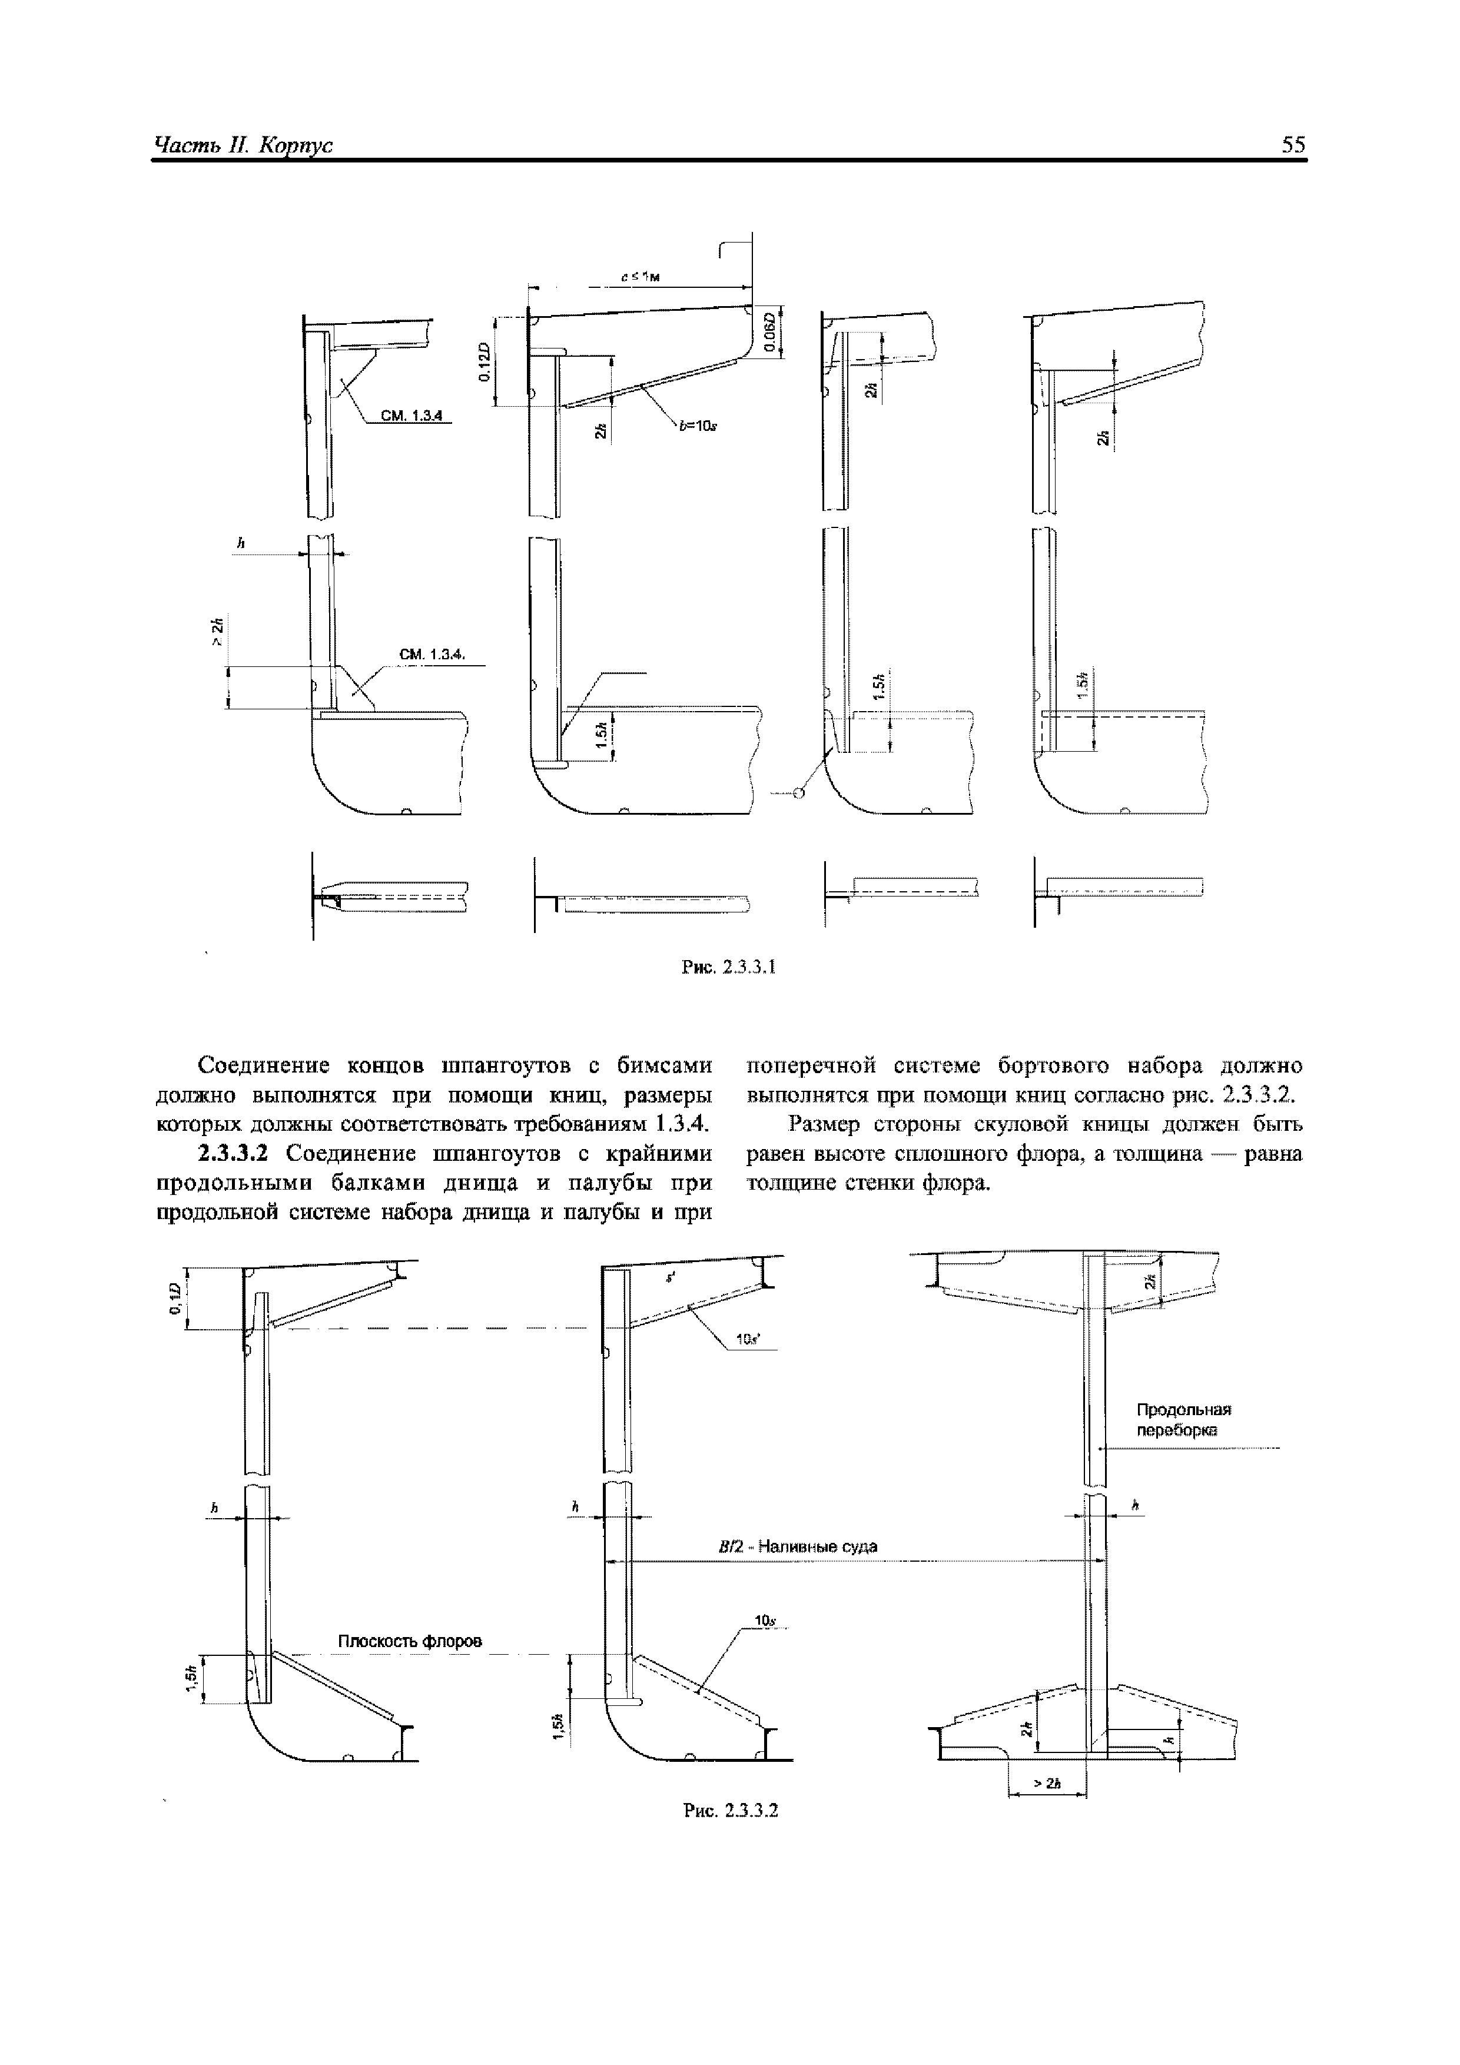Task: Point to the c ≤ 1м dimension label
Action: tap(641, 278)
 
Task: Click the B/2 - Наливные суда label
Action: tap(797, 1546)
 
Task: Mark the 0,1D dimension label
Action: tap(176, 1300)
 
